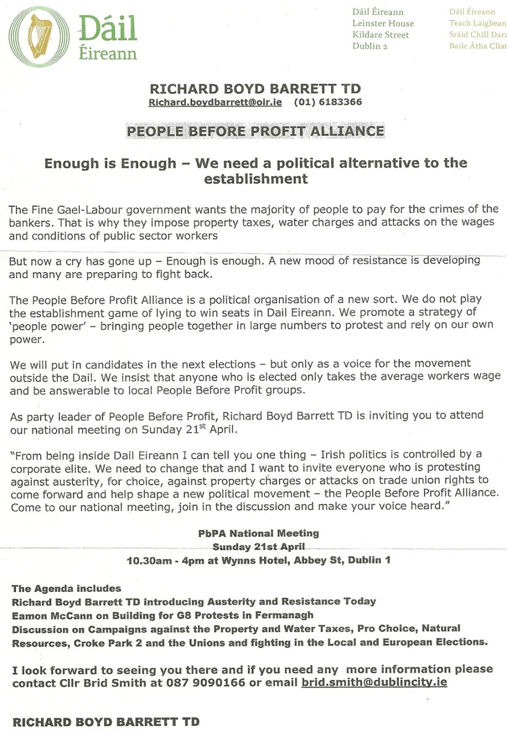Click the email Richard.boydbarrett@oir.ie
[215, 103]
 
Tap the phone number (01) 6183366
[328, 103]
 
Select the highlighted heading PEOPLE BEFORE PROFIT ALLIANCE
[255, 131]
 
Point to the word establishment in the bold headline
[256, 179]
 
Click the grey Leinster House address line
[383, 23]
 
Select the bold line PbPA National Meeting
[258, 533]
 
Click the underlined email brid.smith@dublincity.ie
[374, 683]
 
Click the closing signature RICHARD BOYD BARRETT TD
[106, 722]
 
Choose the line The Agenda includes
[66, 588]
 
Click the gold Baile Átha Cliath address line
[477, 46]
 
